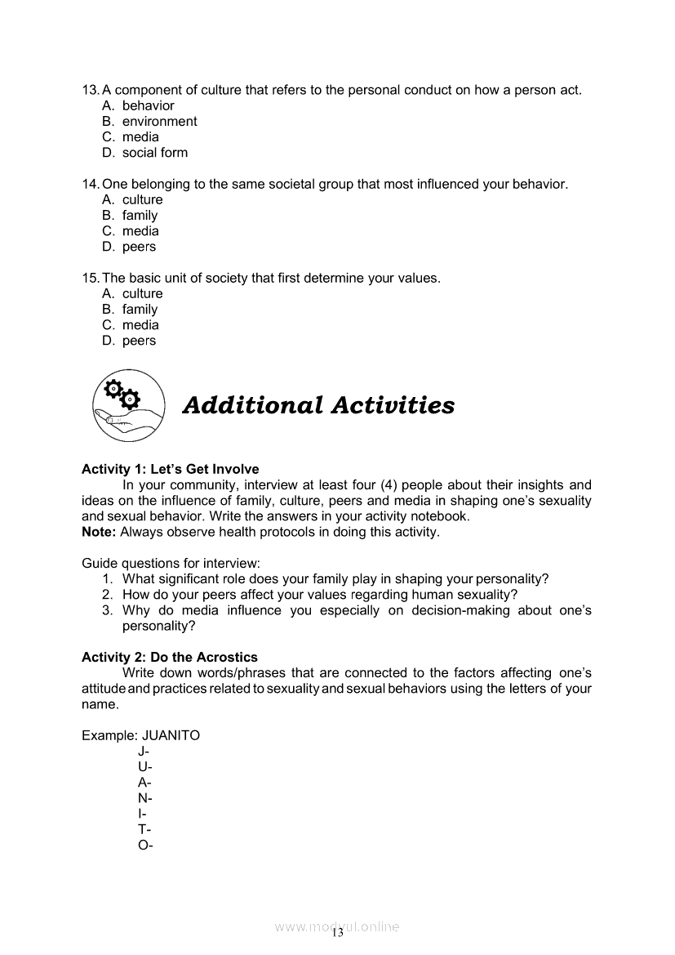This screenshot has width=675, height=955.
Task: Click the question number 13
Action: (90, 90)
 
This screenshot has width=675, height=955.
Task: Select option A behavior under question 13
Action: (148, 105)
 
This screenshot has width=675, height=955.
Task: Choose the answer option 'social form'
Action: (154, 153)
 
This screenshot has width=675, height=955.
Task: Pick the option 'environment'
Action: (159, 121)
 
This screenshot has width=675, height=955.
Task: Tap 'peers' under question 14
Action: (139, 247)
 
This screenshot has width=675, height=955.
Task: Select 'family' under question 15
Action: (140, 310)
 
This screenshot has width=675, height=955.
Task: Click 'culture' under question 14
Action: (142, 199)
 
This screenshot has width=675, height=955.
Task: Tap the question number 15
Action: (90, 278)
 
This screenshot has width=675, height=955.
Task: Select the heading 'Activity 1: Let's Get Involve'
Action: (170, 469)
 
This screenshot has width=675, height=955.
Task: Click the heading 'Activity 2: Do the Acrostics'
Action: (169, 657)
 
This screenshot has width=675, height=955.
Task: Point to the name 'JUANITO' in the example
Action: (171, 735)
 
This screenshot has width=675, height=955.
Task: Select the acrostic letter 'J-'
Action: (144, 751)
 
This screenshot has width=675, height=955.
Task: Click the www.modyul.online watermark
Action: (337, 927)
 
